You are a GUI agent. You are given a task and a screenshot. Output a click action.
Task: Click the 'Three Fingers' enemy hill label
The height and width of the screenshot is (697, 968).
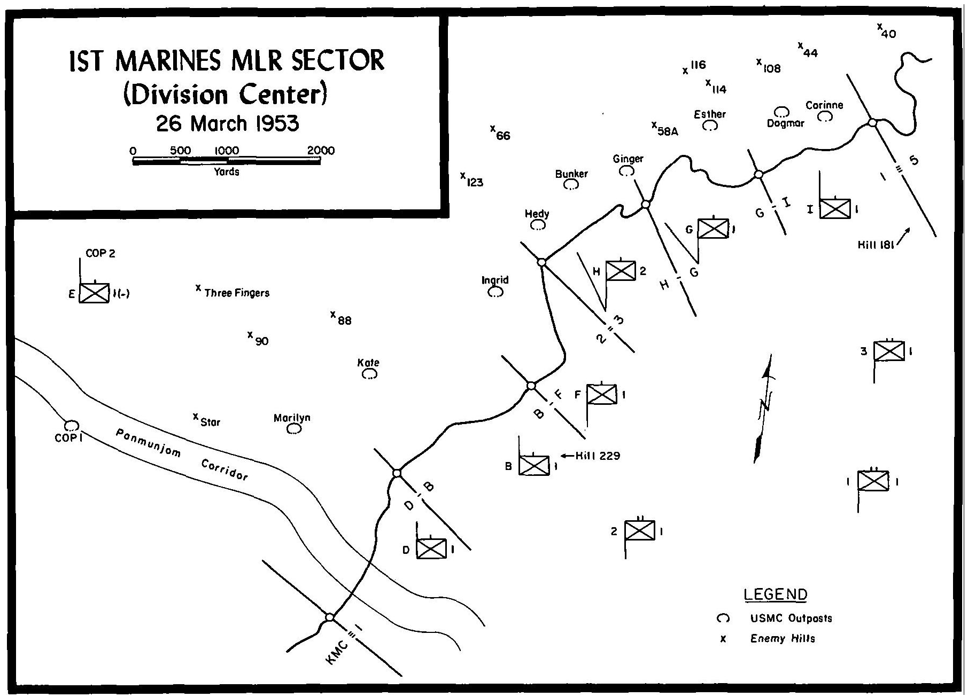click(237, 293)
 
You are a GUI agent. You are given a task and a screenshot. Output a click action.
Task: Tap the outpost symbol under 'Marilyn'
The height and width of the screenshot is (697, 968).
click(293, 428)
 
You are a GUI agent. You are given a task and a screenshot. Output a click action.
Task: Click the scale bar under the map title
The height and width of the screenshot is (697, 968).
click(227, 160)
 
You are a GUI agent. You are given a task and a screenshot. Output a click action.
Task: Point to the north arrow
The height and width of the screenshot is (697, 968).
click(764, 408)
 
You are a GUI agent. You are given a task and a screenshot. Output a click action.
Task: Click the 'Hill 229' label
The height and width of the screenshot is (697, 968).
click(598, 456)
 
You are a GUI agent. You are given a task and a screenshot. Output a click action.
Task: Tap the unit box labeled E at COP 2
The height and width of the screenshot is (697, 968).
click(94, 293)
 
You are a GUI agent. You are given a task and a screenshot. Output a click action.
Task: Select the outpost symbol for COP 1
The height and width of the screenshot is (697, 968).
click(72, 425)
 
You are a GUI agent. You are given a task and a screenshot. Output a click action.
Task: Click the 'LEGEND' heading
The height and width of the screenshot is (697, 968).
click(775, 594)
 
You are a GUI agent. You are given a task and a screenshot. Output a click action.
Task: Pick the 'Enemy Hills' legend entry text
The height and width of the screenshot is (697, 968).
click(783, 638)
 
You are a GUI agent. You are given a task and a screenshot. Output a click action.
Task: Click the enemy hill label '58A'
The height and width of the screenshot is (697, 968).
click(668, 131)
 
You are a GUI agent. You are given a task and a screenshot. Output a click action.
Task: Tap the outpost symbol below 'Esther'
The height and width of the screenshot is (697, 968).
click(710, 126)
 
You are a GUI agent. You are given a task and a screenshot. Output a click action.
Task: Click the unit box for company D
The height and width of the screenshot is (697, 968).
click(431, 549)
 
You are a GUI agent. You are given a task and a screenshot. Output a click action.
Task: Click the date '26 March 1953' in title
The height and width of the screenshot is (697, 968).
click(227, 124)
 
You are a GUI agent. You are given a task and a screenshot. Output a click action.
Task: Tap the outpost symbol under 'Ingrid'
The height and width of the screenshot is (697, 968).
click(495, 292)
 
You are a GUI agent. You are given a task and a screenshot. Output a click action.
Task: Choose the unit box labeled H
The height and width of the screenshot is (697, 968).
click(621, 271)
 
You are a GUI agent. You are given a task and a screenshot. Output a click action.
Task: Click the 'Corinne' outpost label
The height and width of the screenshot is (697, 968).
click(824, 105)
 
